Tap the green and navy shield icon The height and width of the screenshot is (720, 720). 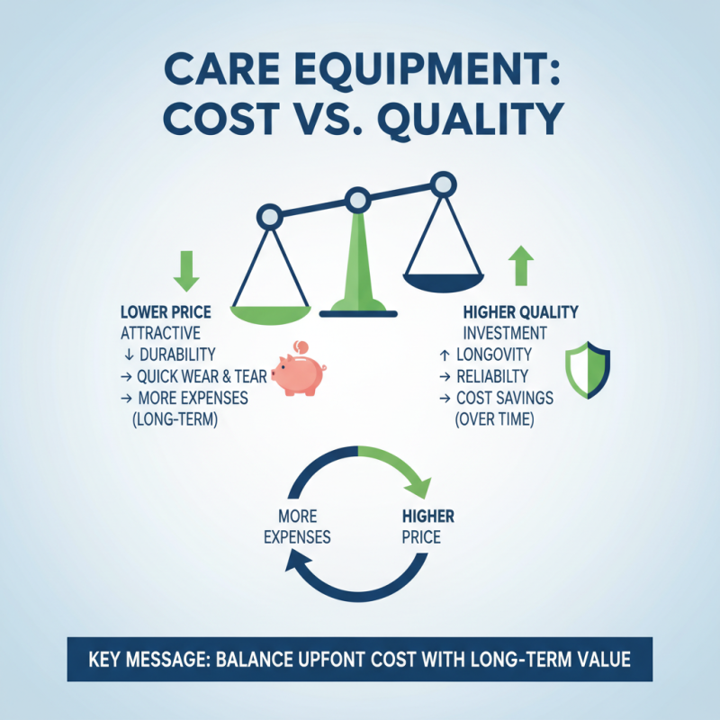pyautogui.click(x=587, y=369)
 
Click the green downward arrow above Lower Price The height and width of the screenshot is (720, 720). pyautogui.click(x=186, y=271)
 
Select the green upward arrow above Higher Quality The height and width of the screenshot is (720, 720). pyautogui.click(x=522, y=266)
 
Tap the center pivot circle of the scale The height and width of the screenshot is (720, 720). pyautogui.click(x=357, y=200)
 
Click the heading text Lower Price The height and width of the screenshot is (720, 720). pyautogui.click(x=166, y=312)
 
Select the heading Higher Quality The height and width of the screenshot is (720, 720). pyautogui.click(x=520, y=312)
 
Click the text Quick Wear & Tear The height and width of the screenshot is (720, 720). pyautogui.click(x=202, y=376)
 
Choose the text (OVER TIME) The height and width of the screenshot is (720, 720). pyautogui.click(x=494, y=418)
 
